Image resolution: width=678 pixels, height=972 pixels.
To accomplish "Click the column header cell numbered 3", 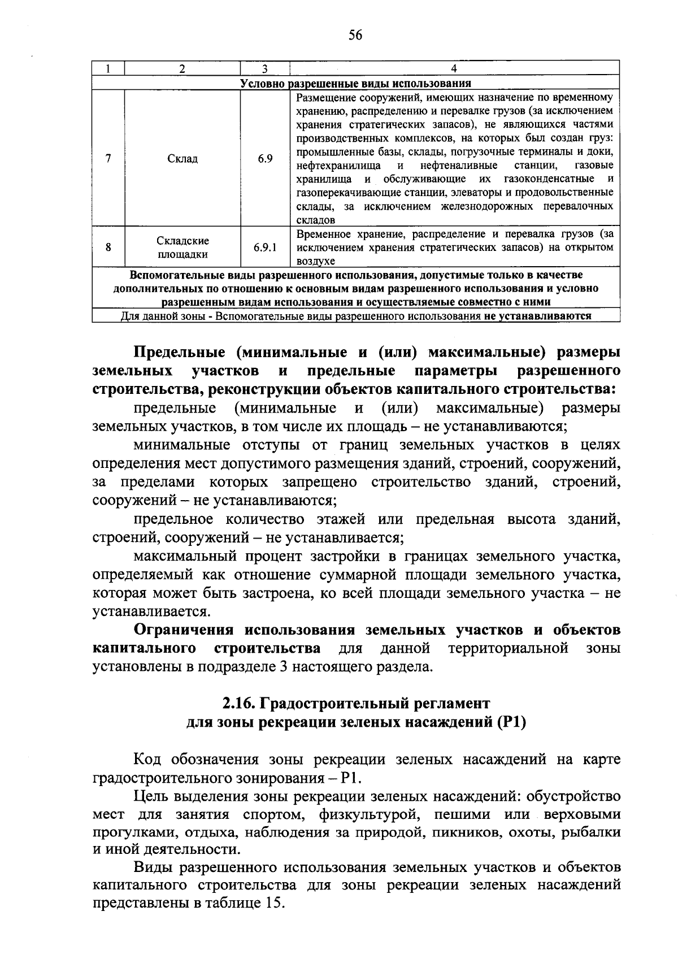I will point(264,69).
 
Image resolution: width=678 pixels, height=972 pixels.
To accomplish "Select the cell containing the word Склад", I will point(182,159).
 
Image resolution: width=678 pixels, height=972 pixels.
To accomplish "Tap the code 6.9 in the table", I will point(265,159).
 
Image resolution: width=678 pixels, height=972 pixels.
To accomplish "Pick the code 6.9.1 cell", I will point(265,248).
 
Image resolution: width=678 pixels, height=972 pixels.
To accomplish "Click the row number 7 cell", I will point(108,159).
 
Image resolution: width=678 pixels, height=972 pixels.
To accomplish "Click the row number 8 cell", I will point(108,248).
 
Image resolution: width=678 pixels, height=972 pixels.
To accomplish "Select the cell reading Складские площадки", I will point(182,248).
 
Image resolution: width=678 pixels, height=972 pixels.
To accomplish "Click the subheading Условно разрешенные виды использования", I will point(355,84).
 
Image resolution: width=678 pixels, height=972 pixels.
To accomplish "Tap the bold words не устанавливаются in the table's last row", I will point(537,316).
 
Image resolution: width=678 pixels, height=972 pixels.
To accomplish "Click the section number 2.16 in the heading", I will point(236,704).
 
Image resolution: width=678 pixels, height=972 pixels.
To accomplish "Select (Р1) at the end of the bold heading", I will point(511,722).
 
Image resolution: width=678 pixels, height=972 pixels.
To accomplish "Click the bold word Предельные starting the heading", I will point(181,352).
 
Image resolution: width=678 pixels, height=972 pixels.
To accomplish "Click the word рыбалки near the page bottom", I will point(593,832).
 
